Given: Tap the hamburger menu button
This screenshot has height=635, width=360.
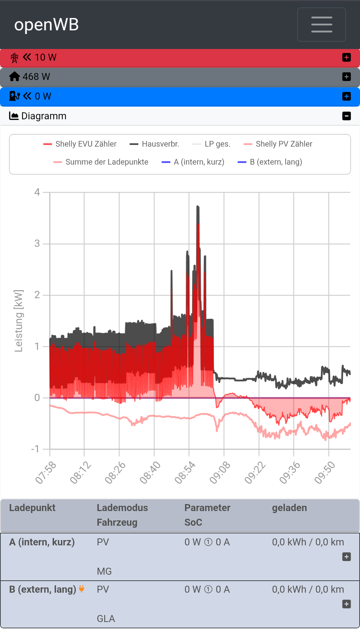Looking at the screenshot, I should [321, 25].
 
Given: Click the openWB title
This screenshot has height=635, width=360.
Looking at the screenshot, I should [46, 25].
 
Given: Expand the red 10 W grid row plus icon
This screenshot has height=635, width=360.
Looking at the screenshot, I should [346, 58].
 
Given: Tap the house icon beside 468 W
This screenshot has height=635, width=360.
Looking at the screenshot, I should [14, 77].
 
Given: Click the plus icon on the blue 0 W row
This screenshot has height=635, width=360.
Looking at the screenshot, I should [346, 96].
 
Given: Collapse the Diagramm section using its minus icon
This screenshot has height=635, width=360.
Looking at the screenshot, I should [346, 116].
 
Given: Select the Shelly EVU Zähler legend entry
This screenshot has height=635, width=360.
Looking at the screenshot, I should [80, 144].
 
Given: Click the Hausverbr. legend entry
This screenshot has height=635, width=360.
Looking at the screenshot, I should [155, 144].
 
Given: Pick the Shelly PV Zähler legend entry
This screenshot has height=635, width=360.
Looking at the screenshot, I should [278, 144].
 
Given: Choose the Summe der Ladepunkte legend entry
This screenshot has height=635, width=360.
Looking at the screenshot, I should [101, 162].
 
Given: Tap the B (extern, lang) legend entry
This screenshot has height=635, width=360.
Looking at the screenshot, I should [270, 162].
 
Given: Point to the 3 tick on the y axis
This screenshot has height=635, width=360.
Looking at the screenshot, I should [37, 244].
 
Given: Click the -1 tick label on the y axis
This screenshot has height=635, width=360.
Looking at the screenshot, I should [35, 449].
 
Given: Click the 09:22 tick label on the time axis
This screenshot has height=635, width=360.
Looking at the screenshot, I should [255, 472].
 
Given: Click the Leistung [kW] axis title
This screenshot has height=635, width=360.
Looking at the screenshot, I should [19, 321].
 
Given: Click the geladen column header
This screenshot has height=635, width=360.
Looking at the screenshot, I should [289, 508].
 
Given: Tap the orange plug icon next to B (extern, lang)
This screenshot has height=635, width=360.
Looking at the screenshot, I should [82, 589].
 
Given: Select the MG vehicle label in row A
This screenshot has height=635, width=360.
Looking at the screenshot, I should [104, 571].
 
